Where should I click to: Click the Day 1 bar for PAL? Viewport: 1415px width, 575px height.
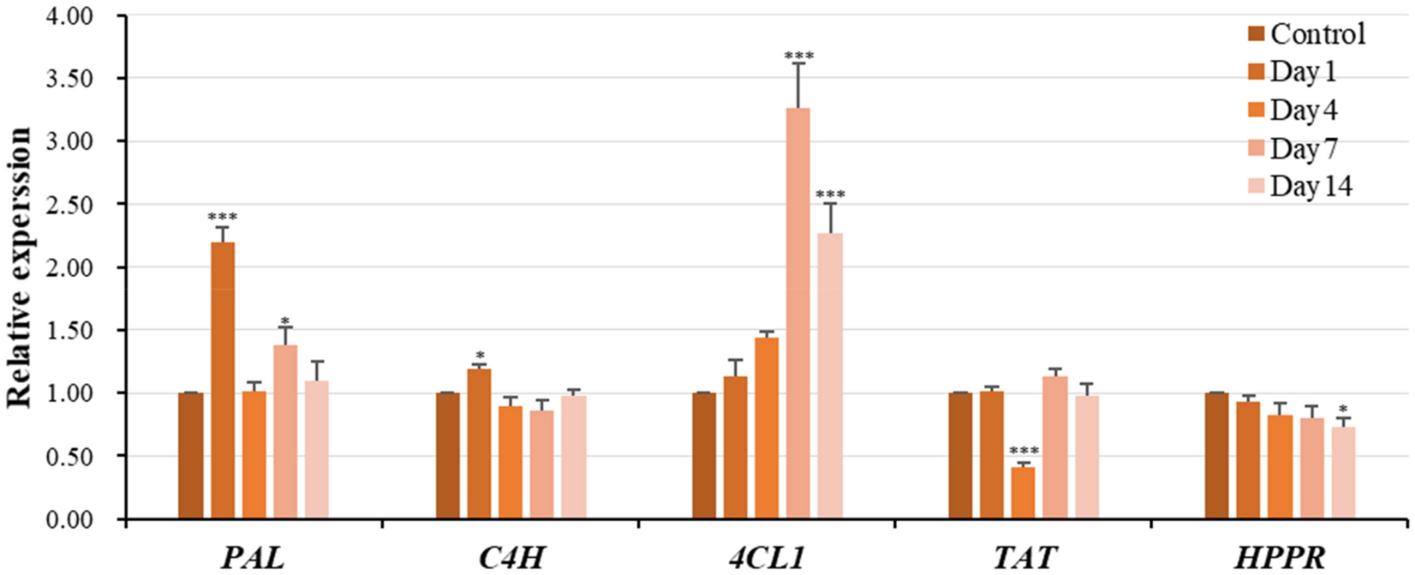click(x=223, y=380)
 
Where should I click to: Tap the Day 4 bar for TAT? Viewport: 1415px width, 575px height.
click(x=1023, y=493)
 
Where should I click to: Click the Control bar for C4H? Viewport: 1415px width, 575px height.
click(x=448, y=455)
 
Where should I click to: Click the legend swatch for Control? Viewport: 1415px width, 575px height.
click(x=1257, y=34)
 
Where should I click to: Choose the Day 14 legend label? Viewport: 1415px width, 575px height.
click(x=1311, y=186)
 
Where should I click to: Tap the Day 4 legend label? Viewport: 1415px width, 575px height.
click(x=1303, y=111)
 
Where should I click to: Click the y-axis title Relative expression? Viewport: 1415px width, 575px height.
click(x=21, y=267)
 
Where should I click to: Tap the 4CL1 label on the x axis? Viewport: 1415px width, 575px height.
click(x=768, y=558)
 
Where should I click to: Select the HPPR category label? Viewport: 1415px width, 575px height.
click(x=1281, y=558)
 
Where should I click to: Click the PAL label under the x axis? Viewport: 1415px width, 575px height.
click(x=253, y=558)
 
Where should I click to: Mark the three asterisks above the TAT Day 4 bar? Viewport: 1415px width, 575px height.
click(x=1024, y=452)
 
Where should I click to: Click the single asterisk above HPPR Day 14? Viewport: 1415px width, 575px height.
click(x=1342, y=410)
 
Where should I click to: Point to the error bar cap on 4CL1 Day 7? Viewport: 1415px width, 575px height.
click(x=797, y=63)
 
